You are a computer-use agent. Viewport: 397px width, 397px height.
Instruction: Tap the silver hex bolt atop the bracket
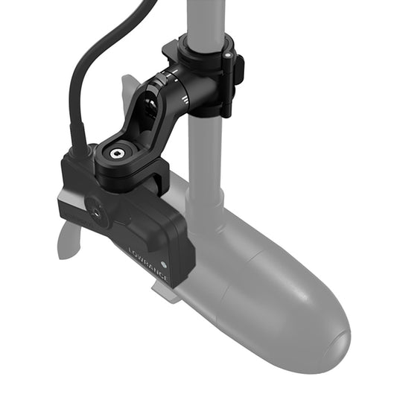click(116, 153)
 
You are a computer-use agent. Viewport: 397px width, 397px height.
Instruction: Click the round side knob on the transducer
click(97, 213)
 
